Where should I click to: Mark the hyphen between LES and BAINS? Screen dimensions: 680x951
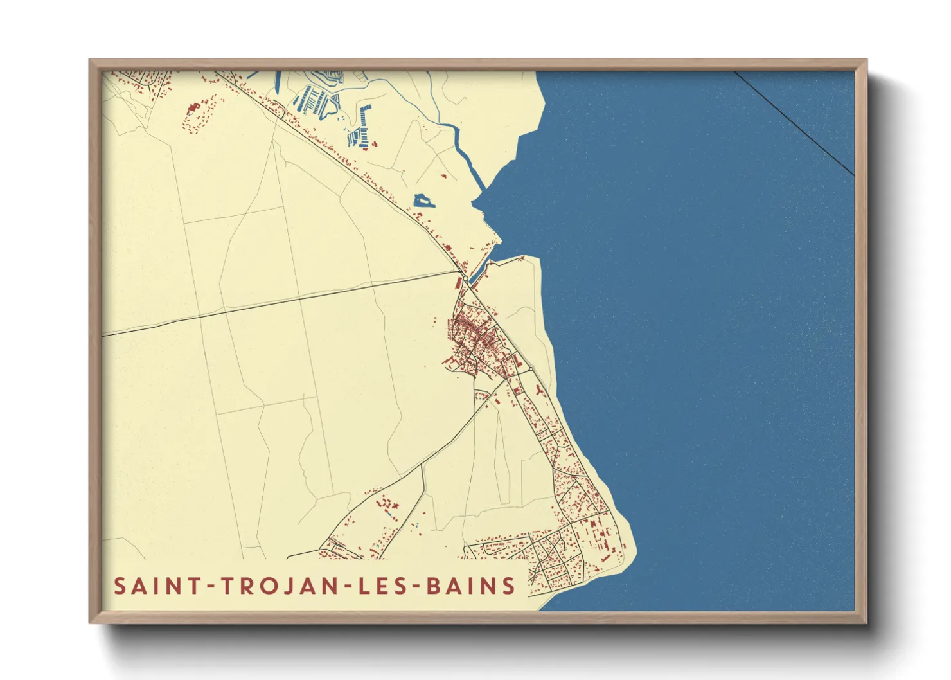410,587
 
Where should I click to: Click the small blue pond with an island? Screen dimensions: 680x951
423,201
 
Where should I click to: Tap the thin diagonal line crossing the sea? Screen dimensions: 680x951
794,122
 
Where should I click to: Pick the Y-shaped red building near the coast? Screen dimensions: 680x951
538,391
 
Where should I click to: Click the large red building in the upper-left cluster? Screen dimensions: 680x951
193,107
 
